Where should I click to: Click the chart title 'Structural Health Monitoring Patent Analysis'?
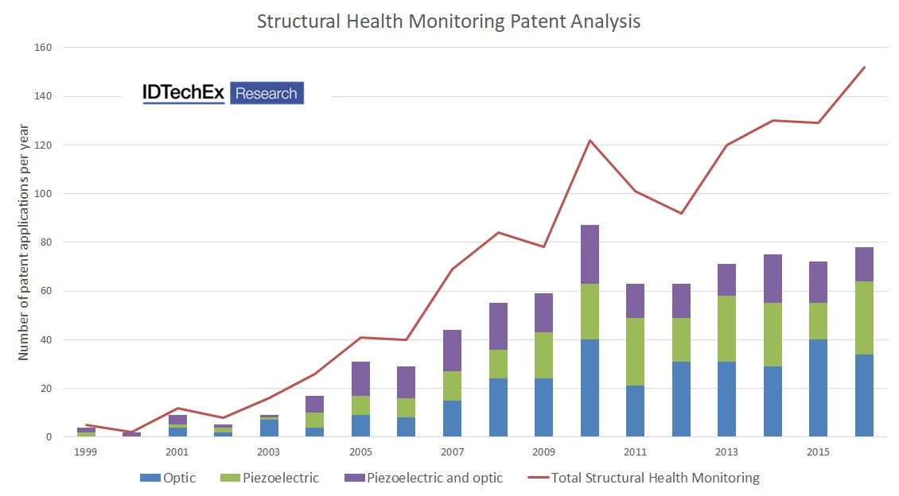point(449,21)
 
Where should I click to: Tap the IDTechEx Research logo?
point(223,93)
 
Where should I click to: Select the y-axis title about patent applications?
point(24,242)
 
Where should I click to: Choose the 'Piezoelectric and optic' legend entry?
point(423,478)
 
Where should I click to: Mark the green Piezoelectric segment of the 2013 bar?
point(726,328)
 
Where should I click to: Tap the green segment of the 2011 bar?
point(635,351)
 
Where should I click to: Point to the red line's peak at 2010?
point(590,141)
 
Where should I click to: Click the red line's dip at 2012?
point(681,213)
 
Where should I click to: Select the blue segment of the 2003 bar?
point(269,428)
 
